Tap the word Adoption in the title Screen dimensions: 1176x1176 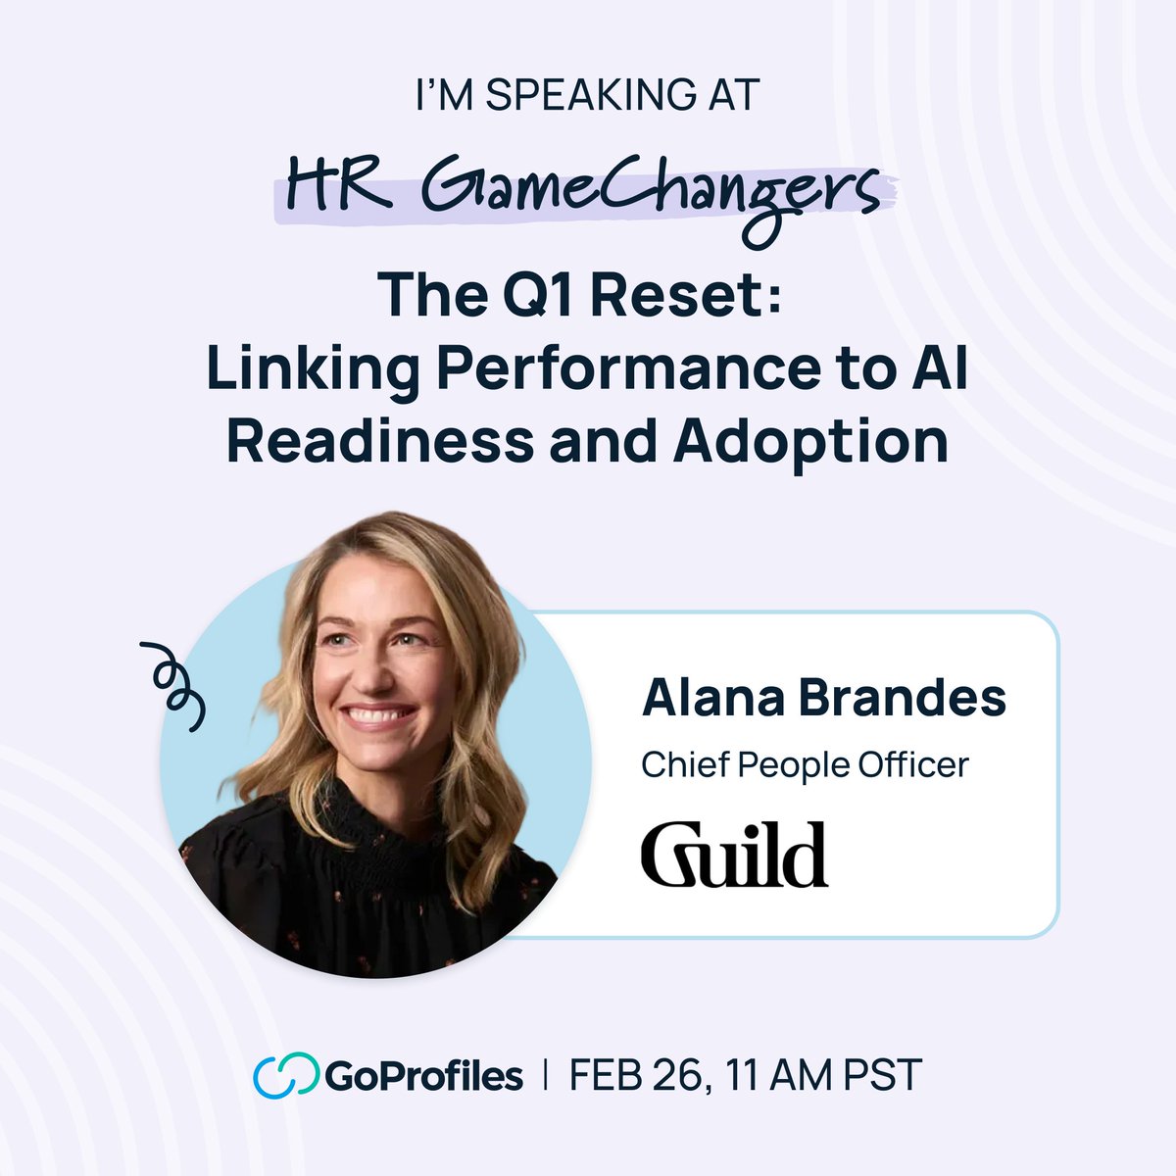coord(810,442)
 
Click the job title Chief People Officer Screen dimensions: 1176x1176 coord(805,764)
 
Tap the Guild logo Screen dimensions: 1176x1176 coord(734,855)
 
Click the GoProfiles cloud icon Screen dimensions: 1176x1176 coord(285,1075)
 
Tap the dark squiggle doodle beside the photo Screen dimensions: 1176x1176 coord(174,685)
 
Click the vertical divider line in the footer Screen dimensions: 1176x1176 coord(546,1075)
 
